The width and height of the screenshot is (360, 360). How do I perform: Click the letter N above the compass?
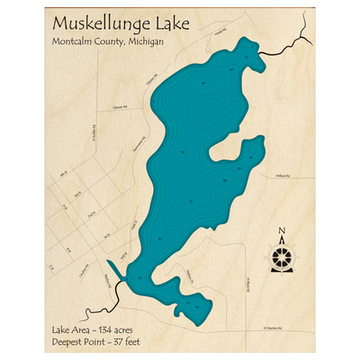click(x=282, y=230)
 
